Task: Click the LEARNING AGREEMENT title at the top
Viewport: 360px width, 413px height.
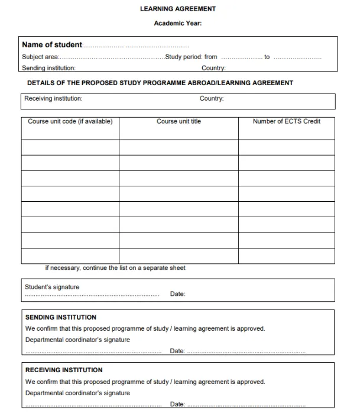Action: pyautogui.click(x=177, y=9)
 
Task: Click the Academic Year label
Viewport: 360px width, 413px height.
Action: pyautogui.click(x=177, y=24)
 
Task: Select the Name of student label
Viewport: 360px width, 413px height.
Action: pyautogui.click(x=52, y=45)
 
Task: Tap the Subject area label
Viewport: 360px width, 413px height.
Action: pyautogui.click(x=40, y=57)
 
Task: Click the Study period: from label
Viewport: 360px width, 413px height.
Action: pyautogui.click(x=192, y=57)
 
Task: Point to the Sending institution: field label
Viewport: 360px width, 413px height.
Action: pyautogui.click(x=48, y=68)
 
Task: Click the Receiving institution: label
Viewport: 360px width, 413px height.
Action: pyautogui.click(x=53, y=99)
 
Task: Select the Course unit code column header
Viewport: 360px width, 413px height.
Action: pyautogui.click(x=70, y=121)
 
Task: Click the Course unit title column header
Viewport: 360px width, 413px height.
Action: pyautogui.click(x=179, y=121)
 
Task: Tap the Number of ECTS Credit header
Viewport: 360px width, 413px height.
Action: pyautogui.click(x=287, y=121)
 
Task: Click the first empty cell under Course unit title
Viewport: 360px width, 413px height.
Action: pyautogui.click(x=179, y=147)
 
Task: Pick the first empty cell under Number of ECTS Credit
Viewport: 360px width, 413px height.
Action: pyautogui.click(x=287, y=147)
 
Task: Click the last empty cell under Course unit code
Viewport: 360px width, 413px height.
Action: pyautogui.click(x=70, y=256)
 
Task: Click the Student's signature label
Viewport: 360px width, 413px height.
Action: pyautogui.click(x=52, y=287)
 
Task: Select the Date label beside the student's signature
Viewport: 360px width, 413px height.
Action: pyautogui.click(x=177, y=294)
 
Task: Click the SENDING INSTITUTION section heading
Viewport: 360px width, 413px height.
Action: pyautogui.click(x=61, y=317)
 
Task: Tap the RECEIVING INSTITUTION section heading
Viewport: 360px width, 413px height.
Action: pyautogui.click(x=64, y=370)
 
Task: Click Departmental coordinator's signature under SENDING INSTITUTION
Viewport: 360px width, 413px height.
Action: pyautogui.click(x=77, y=340)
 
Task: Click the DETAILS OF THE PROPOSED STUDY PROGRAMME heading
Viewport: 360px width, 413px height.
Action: pyautogui.click(x=160, y=83)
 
